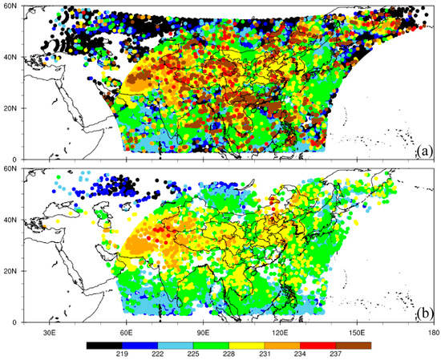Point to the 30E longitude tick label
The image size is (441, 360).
(x=48, y=331)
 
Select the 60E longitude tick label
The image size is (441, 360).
(x=126, y=331)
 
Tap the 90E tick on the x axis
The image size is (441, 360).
(x=203, y=331)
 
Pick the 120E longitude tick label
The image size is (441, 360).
(x=281, y=331)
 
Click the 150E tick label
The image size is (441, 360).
(x=358, y=331)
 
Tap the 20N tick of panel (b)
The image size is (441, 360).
(x=11, y=270)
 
